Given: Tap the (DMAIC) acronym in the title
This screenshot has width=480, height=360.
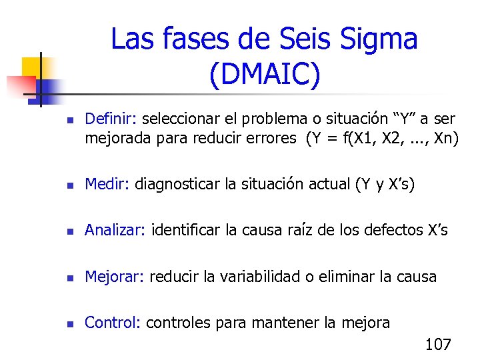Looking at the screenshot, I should pyautogui.click(x=265, y=75).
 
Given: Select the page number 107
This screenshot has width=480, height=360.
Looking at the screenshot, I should pyautogui.click(x=438, y=345).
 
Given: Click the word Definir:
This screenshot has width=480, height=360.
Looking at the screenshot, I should pyautogui.click(x=111, y=119).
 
